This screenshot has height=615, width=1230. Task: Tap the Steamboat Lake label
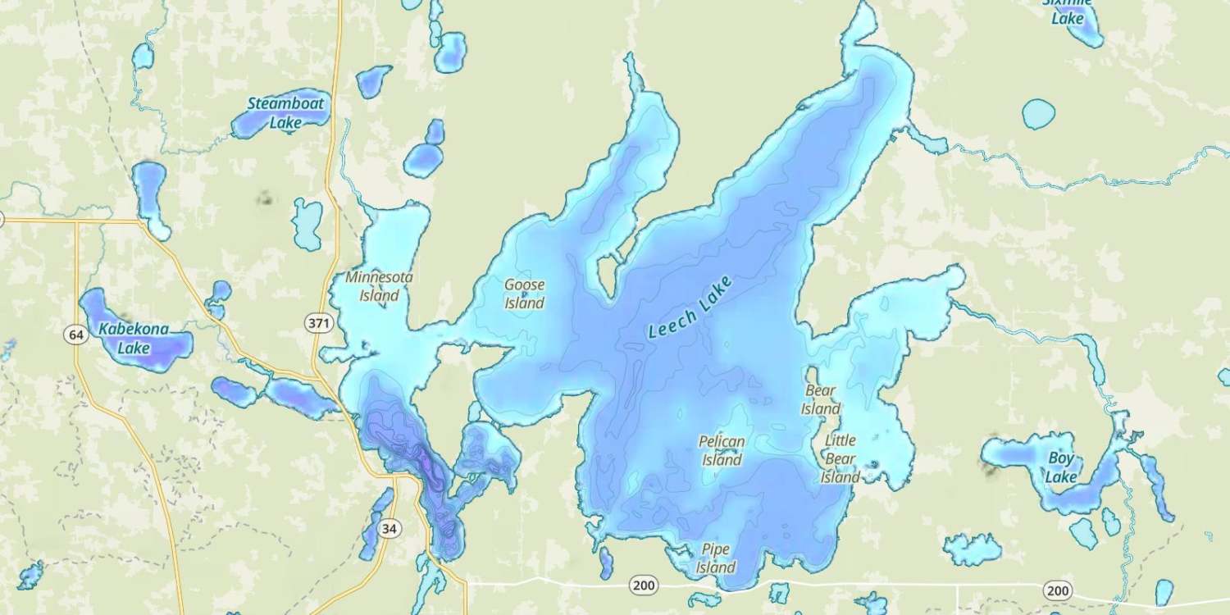(x=286, y=113)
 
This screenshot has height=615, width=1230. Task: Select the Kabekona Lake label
(x=134, y=339)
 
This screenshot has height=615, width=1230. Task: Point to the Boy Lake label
(x=1061, y=467)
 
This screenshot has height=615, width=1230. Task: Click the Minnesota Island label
(x=379, y=286)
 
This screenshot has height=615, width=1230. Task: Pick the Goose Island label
(x=524, y=294)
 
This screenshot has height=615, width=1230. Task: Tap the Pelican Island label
(x=722, y=450)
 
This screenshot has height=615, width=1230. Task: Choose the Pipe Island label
(x=715, y=558)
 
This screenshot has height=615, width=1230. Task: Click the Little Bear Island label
(x=840, y=458)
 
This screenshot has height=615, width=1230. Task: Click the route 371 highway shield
(x=319, y=324)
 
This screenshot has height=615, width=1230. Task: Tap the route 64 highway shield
(x=76, y=335)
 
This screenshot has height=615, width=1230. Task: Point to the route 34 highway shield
(x=389, y=529)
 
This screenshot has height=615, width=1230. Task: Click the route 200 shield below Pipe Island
(x=644, y=585)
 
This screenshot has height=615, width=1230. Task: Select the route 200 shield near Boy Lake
(x=1058, y=590)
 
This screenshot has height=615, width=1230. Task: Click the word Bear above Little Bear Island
(x=820, y=390)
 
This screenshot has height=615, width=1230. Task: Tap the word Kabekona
(x=134, y=330)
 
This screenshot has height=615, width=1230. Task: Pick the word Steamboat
(x=286, y=104)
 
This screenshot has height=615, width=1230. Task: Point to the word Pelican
(x=722, y=441)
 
